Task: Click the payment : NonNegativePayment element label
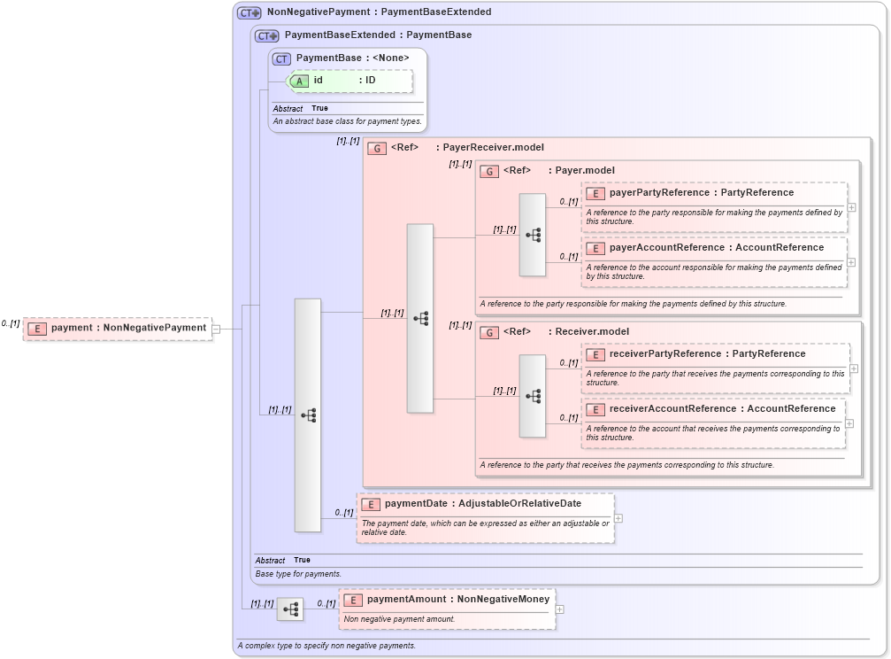[128, 328]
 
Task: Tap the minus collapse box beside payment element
[216, 329]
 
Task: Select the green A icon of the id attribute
[300, 81]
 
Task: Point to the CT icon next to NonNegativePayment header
[250, 12]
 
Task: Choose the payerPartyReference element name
[659, 193]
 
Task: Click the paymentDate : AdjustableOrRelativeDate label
[482, 504]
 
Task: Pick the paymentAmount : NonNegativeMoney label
[457, 600]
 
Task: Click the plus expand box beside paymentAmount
[559, 609]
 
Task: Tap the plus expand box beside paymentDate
[618, 518]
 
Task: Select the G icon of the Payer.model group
[489, 171]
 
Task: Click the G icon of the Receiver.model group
[489, 332]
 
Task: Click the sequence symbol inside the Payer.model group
[533, 235]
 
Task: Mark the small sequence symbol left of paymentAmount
[290, 609]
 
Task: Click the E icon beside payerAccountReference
[595, 248]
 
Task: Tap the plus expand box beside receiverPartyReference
[853, 368]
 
